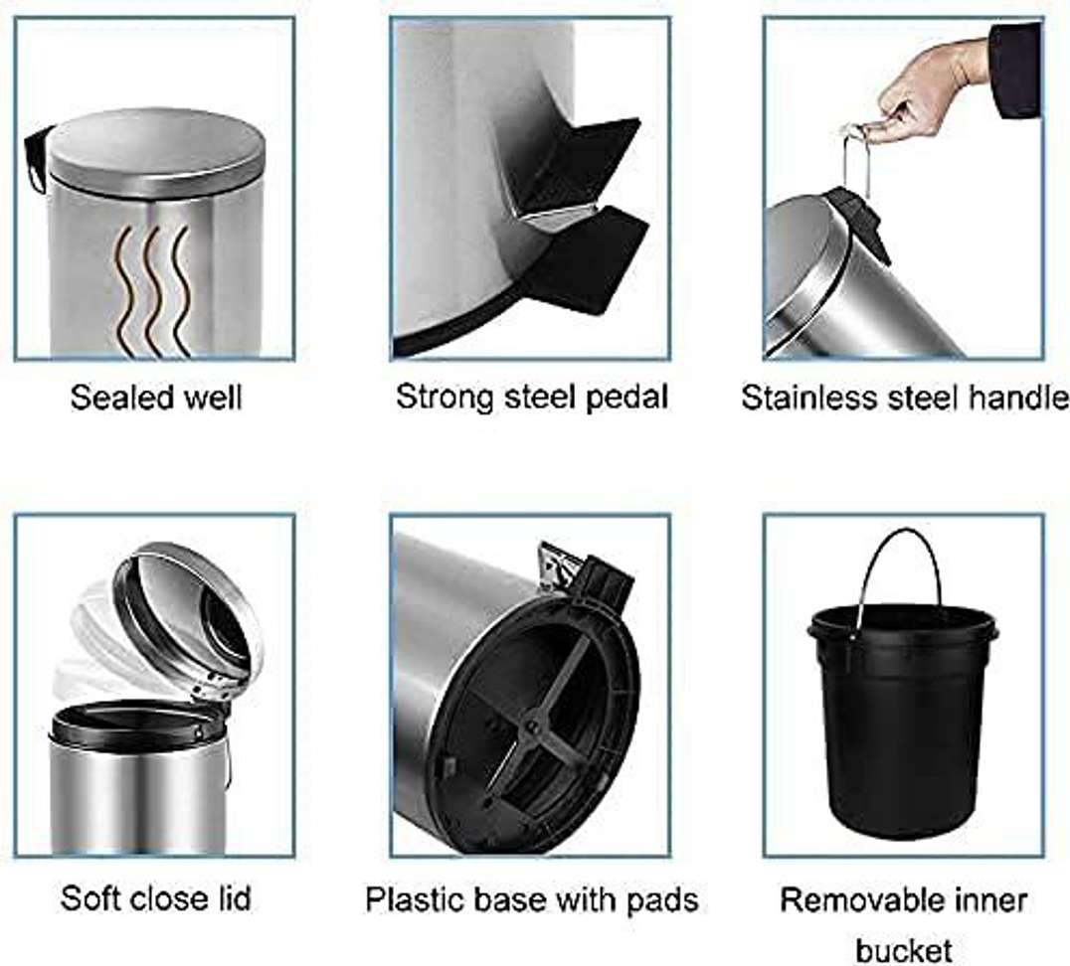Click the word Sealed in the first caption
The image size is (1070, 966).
[113, 398]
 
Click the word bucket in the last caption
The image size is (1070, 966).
[904, 950]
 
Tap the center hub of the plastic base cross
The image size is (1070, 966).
[531, 730]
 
